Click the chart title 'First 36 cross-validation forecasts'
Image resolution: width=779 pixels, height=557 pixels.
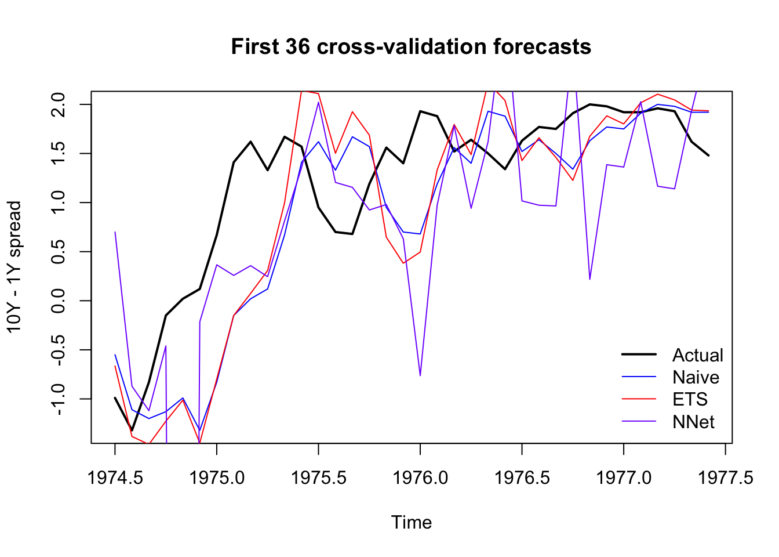click(x=411, y=46)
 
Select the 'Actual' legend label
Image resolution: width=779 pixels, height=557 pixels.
click(x=697, y=355)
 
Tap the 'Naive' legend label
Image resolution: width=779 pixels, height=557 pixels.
click(x=696, y=377)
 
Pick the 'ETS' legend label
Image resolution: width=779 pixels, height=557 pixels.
click(x=690, y=399)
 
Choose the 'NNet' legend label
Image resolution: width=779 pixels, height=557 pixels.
click(x=693, y=422)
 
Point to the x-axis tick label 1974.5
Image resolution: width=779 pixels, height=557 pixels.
click(x=115, y=478)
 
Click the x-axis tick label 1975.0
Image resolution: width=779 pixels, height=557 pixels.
click(x=216, y=478)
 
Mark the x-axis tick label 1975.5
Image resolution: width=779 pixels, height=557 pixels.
click(x=318, y=478)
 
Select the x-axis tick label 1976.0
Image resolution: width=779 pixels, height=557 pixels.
click(x=420, y=478)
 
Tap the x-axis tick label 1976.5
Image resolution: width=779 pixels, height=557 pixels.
click(x=522, y=478)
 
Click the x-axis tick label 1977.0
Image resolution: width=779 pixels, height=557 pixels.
click(x=624, y=478)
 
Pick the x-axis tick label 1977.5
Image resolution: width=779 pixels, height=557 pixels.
click(x=726, y=478)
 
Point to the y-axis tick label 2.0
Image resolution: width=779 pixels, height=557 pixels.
click(x=59, y=104)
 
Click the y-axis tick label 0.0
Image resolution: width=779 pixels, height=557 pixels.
click(x=59, y=301)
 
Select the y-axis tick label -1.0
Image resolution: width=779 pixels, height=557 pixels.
click(x=59, y=399)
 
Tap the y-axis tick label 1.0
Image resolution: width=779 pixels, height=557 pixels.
click(x=59, y=202)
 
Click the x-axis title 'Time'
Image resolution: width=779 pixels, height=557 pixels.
click(x=411, y=522)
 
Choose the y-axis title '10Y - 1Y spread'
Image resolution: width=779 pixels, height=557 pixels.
click(x=14, y=267)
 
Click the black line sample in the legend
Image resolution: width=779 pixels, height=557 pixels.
click(x=639, y=354)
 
